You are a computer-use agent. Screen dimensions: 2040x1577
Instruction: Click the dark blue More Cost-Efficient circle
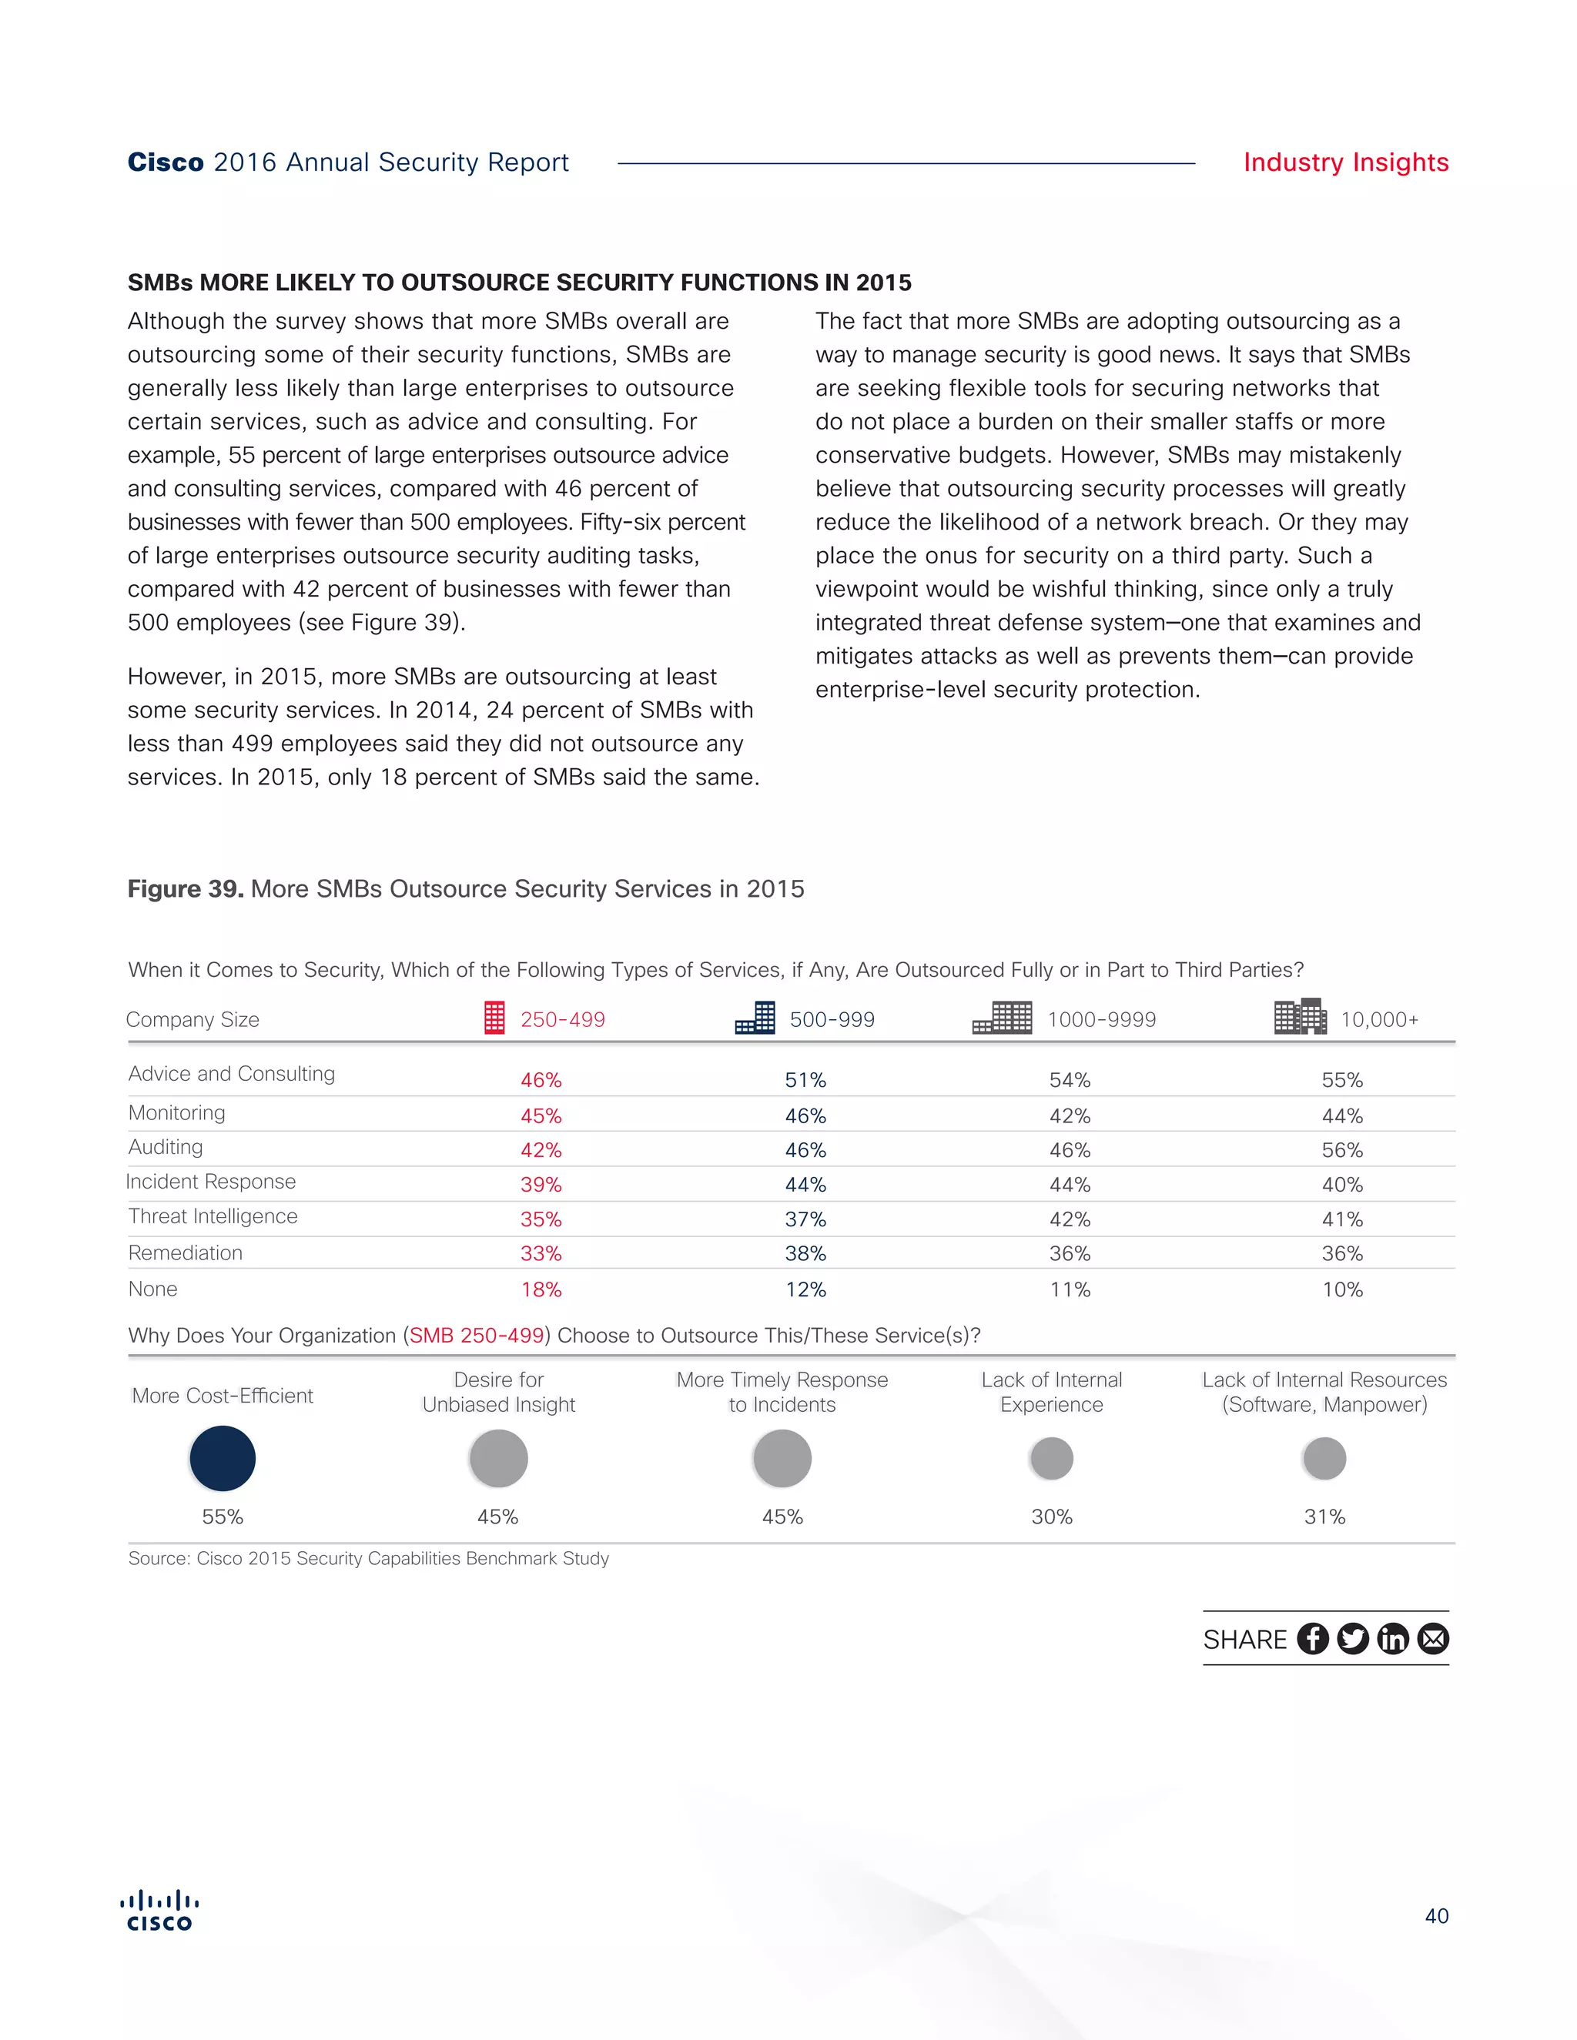click(x=223, y=1458)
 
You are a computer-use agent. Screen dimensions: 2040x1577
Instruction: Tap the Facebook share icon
click(x=1313, y=1638)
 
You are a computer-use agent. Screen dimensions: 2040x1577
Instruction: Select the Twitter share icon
click(x=1353, y=1638)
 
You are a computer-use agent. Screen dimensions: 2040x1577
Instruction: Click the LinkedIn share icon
click(x=1393, y=1638)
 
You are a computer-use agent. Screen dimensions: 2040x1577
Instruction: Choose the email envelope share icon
click(x=1433, y=1638)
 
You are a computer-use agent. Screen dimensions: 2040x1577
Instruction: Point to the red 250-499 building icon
click(x=494, y=1017)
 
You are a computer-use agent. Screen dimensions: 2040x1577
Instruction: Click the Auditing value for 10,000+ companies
click(x=1341, y=1150)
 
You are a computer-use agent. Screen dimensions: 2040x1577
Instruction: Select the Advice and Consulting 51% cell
click(x=805, y=1080)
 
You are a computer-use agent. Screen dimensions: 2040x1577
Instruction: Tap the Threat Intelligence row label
click(x=213, y=1216)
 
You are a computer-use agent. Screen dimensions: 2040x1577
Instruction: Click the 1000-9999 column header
click(x=1101, y=1019)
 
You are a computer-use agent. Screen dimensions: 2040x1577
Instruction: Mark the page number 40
click(x=1436, y=1916)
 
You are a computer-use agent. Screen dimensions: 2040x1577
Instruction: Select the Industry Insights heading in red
click(x=1345, y=162)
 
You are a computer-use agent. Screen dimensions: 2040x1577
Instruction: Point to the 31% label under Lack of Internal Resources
click(x=1324, y=1517)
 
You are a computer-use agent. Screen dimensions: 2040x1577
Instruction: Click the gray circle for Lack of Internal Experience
click(x=1051, y=1458)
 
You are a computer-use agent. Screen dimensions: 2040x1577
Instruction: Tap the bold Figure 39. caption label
click(x=185, y=888)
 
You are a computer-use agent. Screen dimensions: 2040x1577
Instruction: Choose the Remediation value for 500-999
click(x=805, y=1253)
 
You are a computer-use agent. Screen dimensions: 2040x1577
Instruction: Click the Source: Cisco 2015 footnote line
click(x=368, y=1558)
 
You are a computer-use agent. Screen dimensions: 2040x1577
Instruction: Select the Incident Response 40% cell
click(x=1341, y=1185)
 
